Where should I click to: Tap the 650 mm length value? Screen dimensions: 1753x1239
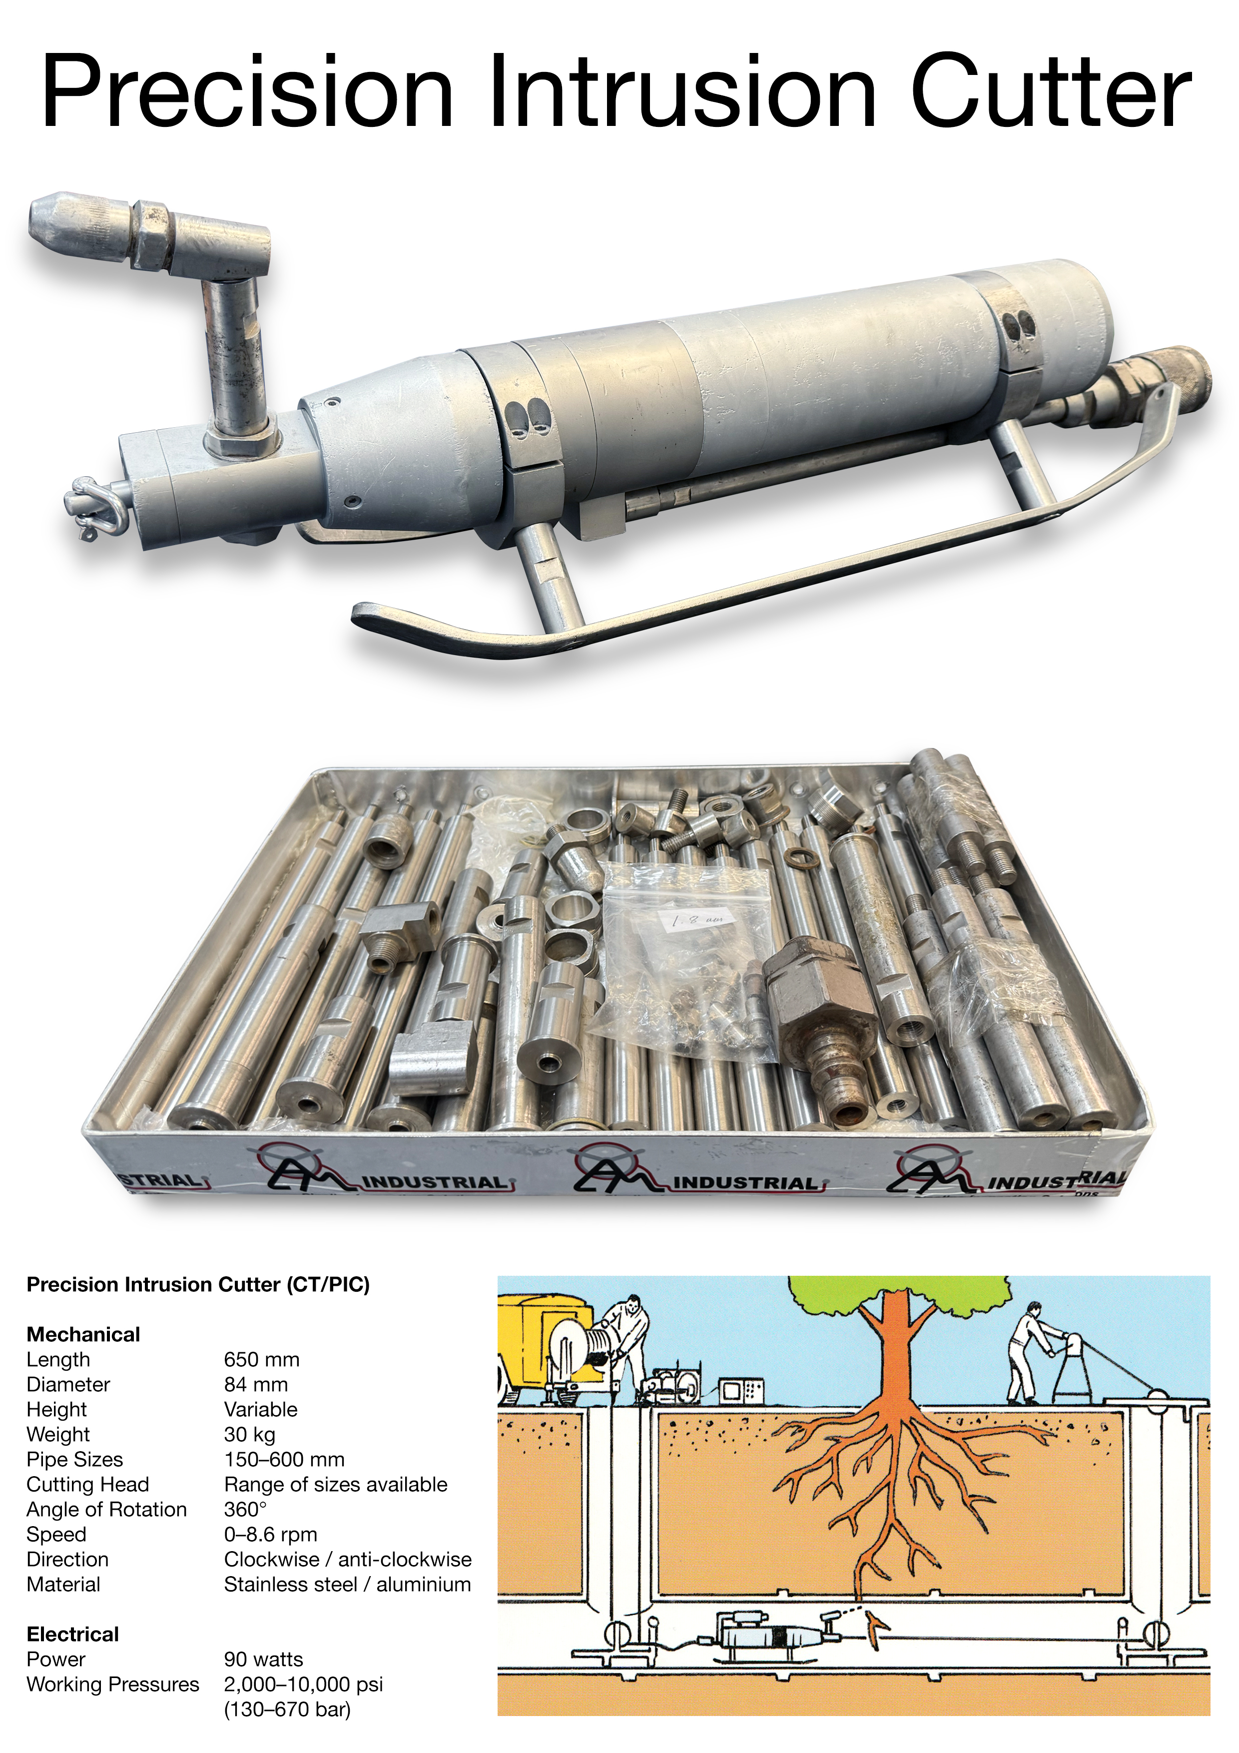(x=261, y=1360)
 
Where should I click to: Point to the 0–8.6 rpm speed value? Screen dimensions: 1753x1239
(x=270, y=1535)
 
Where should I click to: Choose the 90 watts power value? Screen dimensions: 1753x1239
(x=263, y=1660)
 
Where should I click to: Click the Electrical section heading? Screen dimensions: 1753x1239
(x=72, y=1635)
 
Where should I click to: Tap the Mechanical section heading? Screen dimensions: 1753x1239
(x=83, y=1335)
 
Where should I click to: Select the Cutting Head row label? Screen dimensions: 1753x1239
(x=88, y=1485)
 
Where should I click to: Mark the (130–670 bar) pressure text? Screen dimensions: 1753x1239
(x=287, y=1710)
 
